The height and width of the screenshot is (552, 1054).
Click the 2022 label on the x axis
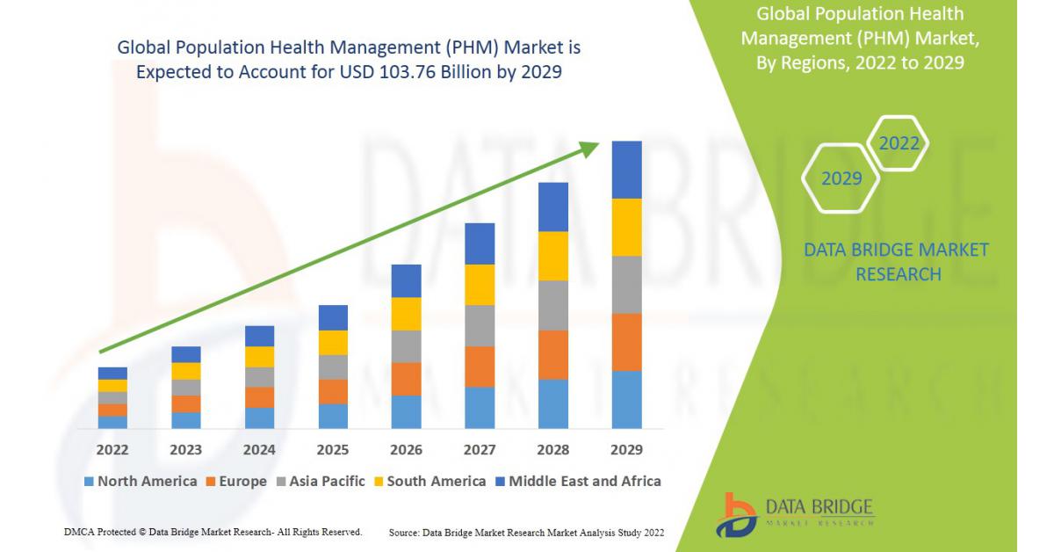tap(112, 450)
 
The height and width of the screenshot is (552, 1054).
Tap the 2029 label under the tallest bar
tap(626, 450)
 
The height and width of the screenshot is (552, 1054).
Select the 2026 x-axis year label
tap(406, 450)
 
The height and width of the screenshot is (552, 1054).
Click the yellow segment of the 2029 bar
tap(627, 228)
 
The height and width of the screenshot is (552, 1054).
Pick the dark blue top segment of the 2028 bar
tap(553, 207)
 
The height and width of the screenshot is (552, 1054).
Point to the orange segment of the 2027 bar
tap(480, 367)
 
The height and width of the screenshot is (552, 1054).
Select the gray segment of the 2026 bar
tap(407, 346)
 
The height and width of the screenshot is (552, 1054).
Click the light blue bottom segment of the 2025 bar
tap(333, 417)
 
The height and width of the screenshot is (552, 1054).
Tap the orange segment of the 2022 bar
tap(113, 410)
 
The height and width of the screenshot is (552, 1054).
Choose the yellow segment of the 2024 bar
tap(260, 357)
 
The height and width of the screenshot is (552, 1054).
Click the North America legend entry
tap(141, 482)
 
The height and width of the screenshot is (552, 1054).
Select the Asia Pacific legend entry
tap(321, 482)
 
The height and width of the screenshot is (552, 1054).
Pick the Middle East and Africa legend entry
tap(579, 482)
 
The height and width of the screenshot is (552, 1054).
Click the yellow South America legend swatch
tap(379, 482)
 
